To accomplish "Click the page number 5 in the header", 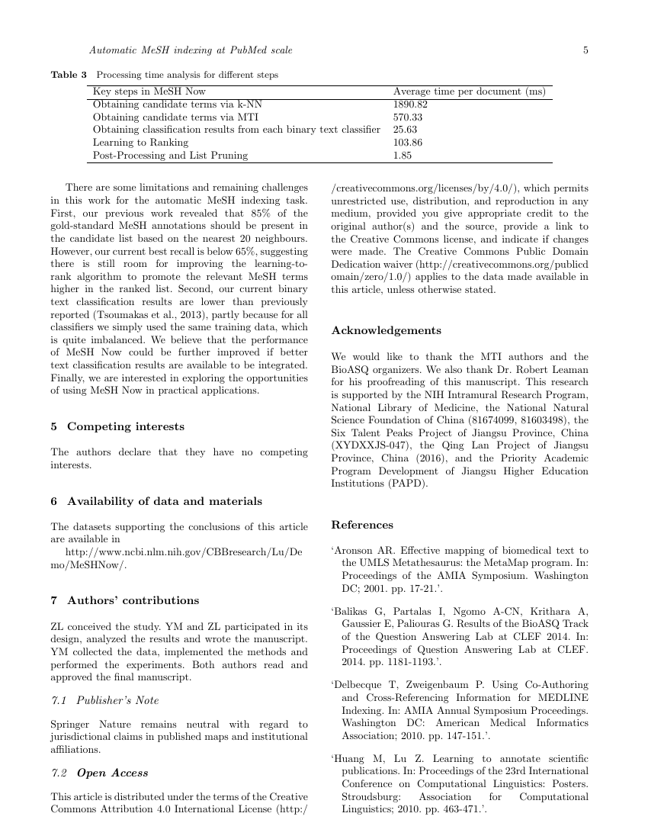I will point(585,50).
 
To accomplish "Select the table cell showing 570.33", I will point(408,117).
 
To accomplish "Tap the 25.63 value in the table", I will point(406,130).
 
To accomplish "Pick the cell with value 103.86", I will point(408,143).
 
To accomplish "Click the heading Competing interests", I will point(125,426).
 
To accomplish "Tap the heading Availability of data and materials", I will point(164,501).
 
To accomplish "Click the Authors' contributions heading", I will point(133,600).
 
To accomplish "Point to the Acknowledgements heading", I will point(386,330).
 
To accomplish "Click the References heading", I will point(362,525).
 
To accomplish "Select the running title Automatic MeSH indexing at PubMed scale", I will point(191,50).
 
